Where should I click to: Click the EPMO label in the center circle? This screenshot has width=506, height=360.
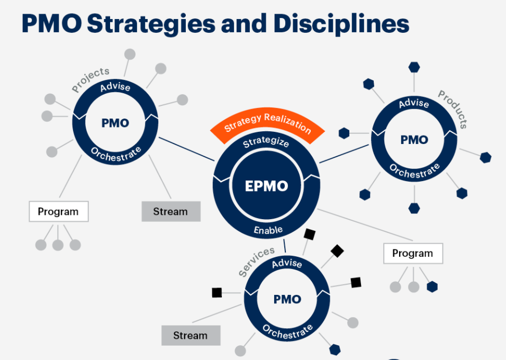[x=266, y=186]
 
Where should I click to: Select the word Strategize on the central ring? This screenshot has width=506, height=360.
[x=266, y=142]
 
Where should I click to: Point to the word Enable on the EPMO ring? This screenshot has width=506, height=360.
[x=268, y=230]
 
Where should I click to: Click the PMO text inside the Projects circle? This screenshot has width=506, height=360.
[x=115, y=123]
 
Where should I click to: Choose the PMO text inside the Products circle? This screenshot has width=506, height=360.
[x=414, y=140]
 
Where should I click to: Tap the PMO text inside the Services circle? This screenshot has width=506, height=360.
[x=287, y=299]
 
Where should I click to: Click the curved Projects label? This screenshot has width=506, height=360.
[x=90, y=79]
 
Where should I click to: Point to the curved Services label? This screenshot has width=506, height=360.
[x=256, y=261]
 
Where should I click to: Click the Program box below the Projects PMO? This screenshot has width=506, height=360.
[x=58, y=211]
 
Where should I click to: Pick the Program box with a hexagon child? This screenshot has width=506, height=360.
[x=413, y=254]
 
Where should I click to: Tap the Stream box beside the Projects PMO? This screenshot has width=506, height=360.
[x=171, y=211]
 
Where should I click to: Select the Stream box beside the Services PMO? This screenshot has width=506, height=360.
[x=191, y=336]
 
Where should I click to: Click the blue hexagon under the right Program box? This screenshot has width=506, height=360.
[x=432, y=287]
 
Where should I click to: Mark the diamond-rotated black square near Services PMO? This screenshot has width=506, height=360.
[x=337, y=251]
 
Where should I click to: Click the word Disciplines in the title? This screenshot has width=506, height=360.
[x=341, y=24]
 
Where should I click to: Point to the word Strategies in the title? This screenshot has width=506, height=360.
[x=151, y=24]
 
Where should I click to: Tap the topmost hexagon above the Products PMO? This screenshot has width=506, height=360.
[x=414, y=67]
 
